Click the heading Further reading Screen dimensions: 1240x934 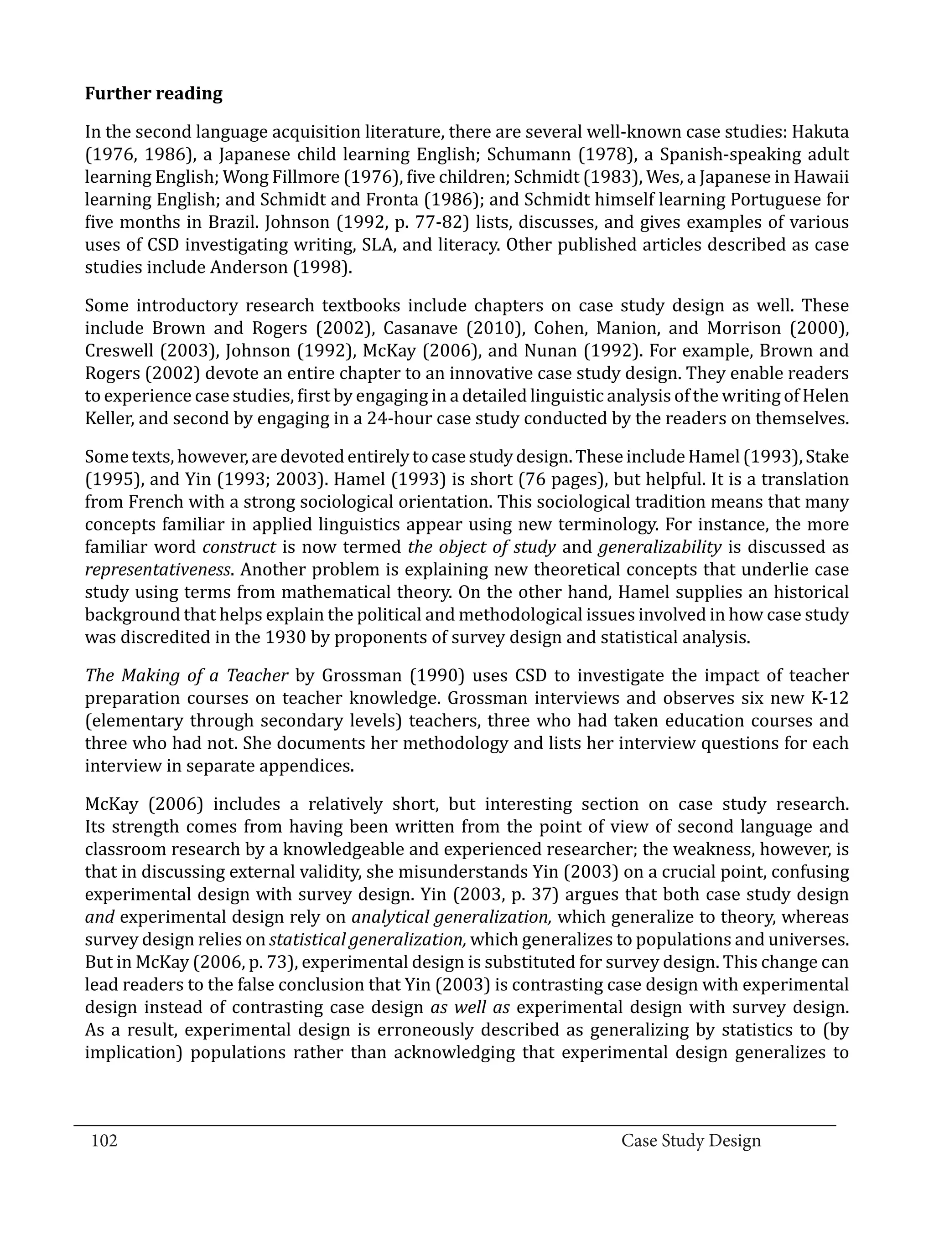click(x=153, y=93)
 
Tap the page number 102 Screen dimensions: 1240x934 click(x=104, y=1141)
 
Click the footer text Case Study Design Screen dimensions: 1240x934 click(x=690, y=1141)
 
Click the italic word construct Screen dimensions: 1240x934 click(x=239, y=546)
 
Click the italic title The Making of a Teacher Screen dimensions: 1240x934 click(x=186, y=675)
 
